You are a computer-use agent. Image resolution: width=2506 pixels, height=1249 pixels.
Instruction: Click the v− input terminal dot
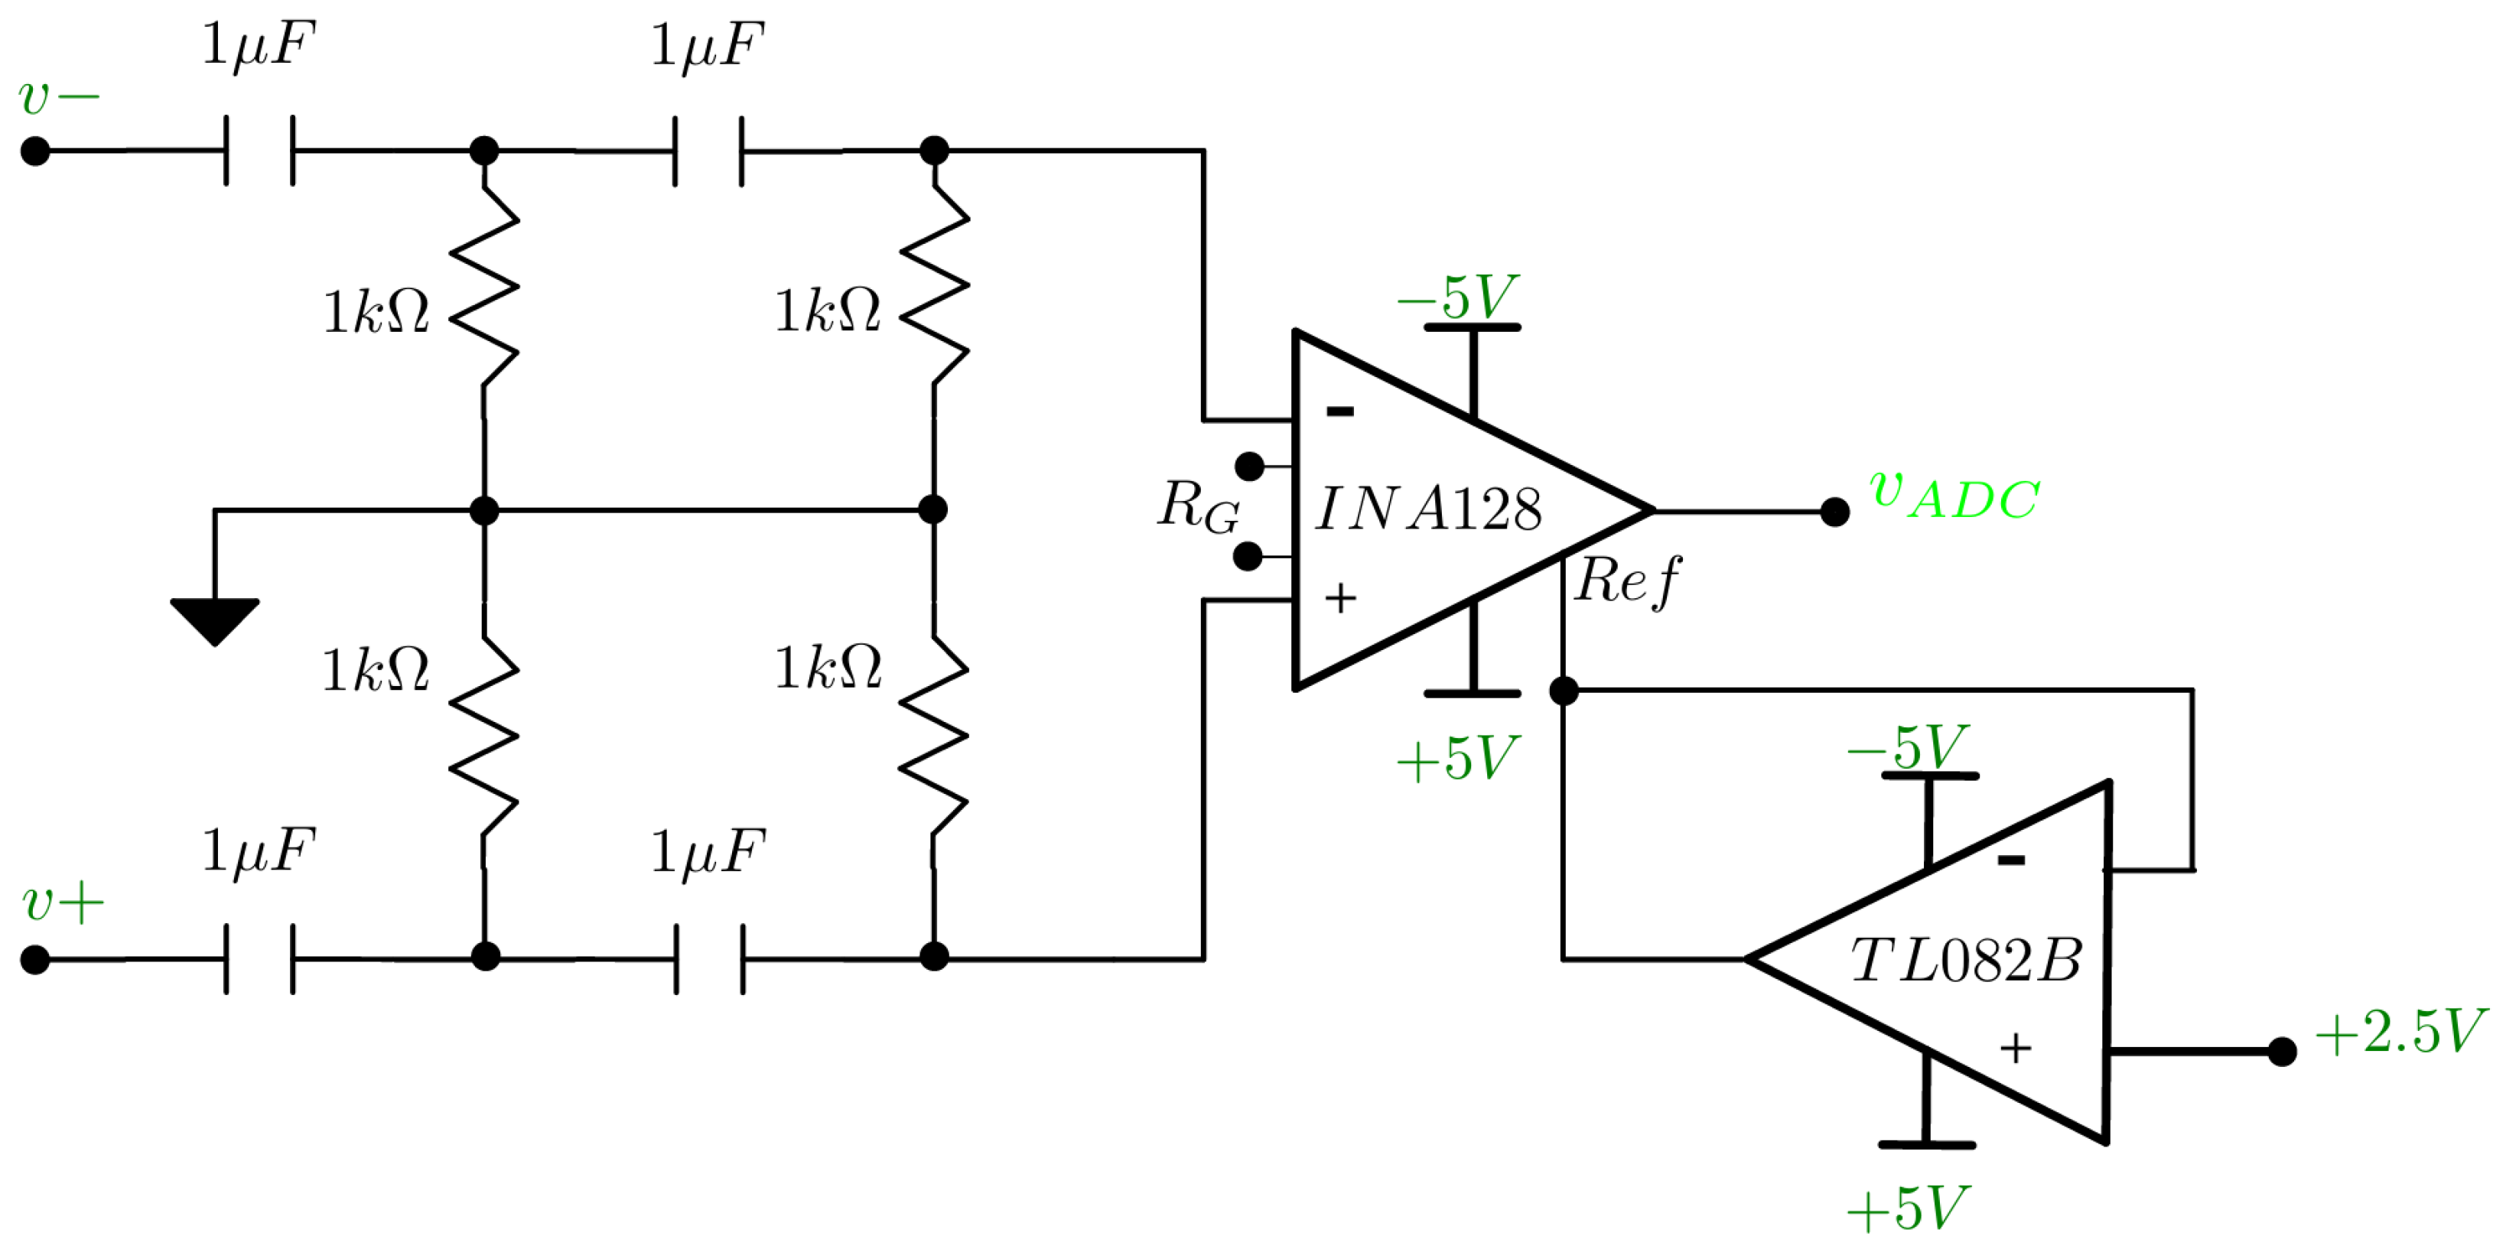35,151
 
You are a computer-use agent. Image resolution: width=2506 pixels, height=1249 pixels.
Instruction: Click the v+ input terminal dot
35,960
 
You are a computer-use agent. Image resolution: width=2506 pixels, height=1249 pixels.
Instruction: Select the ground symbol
214,620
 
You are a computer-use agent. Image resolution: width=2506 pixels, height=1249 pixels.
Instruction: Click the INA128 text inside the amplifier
1428,509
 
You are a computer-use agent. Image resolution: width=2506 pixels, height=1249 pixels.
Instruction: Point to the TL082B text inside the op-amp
1965,961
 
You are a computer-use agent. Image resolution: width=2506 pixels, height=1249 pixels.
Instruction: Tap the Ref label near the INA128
1626,582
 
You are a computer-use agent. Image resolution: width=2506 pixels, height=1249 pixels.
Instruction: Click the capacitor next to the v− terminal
259,151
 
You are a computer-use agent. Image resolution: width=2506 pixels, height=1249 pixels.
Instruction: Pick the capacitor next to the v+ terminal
259,959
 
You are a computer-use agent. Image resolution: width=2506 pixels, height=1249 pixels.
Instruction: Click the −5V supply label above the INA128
1457,297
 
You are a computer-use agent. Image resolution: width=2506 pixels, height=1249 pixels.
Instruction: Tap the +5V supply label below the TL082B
1907,1209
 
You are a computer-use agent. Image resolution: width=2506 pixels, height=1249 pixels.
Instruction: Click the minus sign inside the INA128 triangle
1339,411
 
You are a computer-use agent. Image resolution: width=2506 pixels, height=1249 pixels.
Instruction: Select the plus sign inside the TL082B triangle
2016,1049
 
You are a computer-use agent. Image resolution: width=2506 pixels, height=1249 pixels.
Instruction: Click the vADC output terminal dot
1834,512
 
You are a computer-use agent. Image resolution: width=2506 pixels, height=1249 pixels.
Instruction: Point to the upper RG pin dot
1249,467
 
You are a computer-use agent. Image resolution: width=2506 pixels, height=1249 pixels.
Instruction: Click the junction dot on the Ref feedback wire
1564,691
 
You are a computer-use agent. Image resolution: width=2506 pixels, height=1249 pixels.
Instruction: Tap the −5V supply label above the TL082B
1907,747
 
